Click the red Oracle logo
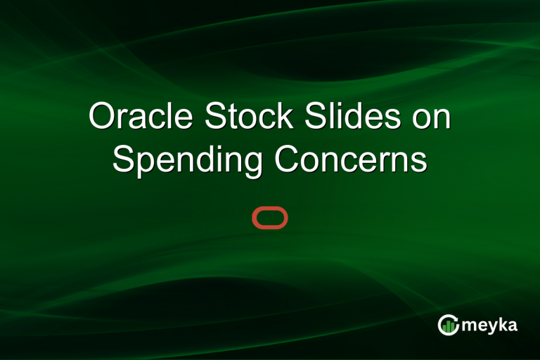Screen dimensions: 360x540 (x=270, y=219)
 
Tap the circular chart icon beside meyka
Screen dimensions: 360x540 (x=448, y=325)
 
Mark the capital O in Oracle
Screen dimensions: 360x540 (x=103, y=117)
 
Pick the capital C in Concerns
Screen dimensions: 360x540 (x=287, y=160)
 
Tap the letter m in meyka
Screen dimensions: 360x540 (x=468, y=326)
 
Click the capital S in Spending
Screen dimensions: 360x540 (x=124, y=160)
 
